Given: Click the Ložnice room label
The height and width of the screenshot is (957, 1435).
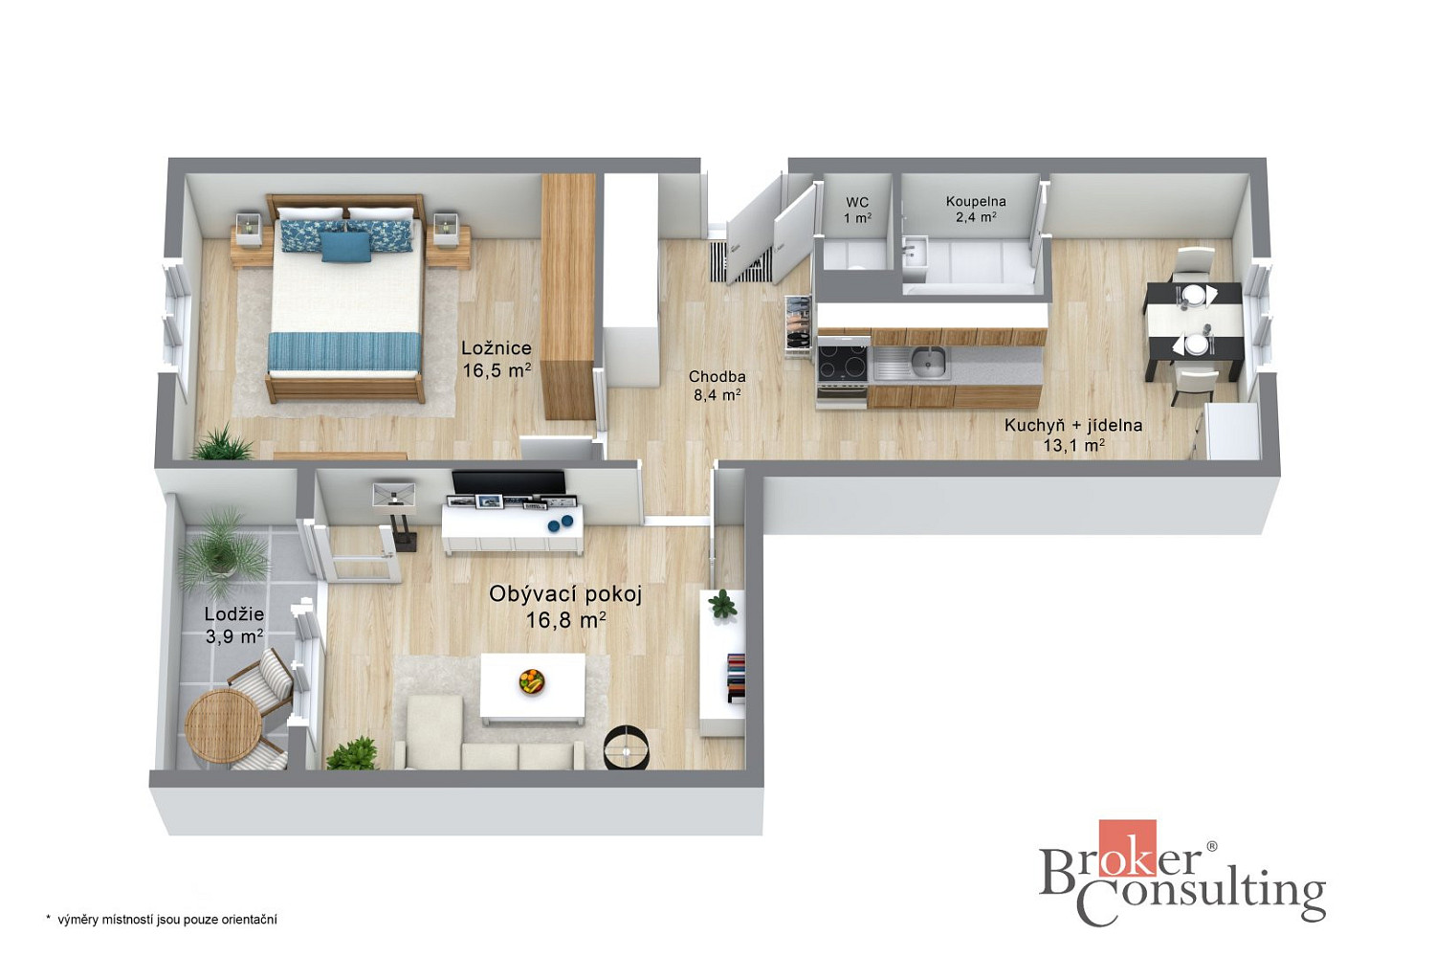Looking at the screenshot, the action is pyautogui.click(x=497, y=348).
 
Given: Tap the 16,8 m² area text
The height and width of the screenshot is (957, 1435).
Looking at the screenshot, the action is pyautogui.click(x=566, y=620).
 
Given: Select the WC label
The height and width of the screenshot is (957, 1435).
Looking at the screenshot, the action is pyautogui.click(x=857, y=203).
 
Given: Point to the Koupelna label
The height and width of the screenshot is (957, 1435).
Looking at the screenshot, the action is pyautogui.click(x=976, y=201).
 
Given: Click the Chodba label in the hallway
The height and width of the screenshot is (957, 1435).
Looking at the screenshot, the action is pyautogui.click(x=717, y=377).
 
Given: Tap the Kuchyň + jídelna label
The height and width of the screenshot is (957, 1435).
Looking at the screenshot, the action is pyautogui.click(x=1073, y=425).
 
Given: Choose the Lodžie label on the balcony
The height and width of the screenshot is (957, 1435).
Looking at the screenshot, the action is pyautogui.click(x=234, y=614).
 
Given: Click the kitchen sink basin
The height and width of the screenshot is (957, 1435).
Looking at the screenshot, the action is pyautogui.click(x=928, y=362).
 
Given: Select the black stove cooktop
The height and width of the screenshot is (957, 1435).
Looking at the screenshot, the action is pyautogui.click(x=842, y=363).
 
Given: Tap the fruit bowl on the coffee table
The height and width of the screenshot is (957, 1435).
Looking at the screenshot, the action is pyautogui.click(x=532, y=680).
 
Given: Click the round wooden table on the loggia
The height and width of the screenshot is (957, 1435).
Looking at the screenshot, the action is pyautogui.click(x=224, y=725).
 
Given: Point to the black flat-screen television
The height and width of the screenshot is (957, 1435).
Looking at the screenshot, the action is pyautogui.click(x=509, y=482).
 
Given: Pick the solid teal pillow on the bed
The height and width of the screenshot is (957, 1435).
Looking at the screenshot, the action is pyautogui.click(x=345, y=247).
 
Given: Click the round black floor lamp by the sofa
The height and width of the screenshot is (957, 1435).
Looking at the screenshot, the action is pyautogui.click(x=627, y=747).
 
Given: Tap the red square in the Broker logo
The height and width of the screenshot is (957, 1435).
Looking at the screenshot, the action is pyautogui.click(x=1128, y=848).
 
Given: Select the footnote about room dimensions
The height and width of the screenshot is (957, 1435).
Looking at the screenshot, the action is pyautogui.click(x=162, y=920).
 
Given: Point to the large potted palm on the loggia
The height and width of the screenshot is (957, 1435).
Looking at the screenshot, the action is pyautogui.click(x=221, y=551).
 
